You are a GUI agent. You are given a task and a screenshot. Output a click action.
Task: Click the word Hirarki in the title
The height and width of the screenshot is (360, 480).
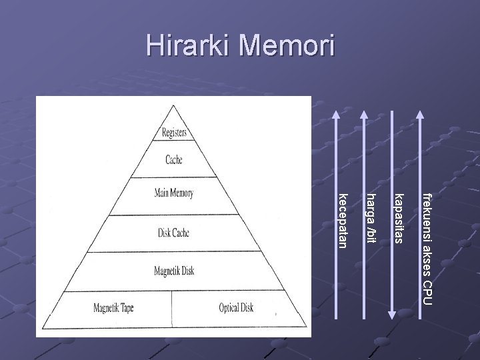[x=187, y=46]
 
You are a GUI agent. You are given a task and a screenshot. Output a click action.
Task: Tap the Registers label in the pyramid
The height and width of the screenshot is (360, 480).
[x=174, y=133]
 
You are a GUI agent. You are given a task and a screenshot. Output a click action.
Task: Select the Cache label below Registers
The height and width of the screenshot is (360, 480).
[x=173, y=160]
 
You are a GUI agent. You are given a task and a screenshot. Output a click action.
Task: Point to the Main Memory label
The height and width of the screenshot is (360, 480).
[x=173, y=193]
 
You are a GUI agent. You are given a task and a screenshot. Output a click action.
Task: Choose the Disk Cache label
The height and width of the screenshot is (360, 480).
[x=173, y=233]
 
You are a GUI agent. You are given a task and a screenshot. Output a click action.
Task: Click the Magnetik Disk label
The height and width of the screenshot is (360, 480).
[x=173, y=271]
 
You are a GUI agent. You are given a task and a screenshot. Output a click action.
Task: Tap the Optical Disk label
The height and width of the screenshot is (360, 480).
[x=236, y=308]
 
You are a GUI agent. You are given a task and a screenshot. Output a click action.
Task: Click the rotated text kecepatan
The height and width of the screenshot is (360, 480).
[x=343, y=219]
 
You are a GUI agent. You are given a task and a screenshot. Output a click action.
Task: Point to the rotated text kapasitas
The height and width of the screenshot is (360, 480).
[x=399, y=217]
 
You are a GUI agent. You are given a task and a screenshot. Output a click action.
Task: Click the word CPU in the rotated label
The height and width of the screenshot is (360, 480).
[x=427, y=294]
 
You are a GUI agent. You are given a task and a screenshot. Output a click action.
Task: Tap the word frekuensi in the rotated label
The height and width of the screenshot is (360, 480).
[x=427, y=213]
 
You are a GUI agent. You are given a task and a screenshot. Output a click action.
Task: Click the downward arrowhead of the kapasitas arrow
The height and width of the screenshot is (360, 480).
[x=392, y=317]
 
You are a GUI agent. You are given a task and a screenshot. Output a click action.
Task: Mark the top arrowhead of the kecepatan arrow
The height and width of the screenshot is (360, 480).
[x=336, y=115]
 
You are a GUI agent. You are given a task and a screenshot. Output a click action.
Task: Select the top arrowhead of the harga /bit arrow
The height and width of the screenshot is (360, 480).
[x=364, y=115]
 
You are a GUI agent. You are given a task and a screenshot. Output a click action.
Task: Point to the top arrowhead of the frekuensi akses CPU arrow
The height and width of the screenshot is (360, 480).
[x=420, y=115]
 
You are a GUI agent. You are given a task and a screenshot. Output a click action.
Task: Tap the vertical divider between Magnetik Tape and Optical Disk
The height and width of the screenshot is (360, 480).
[x=173, y=309]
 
